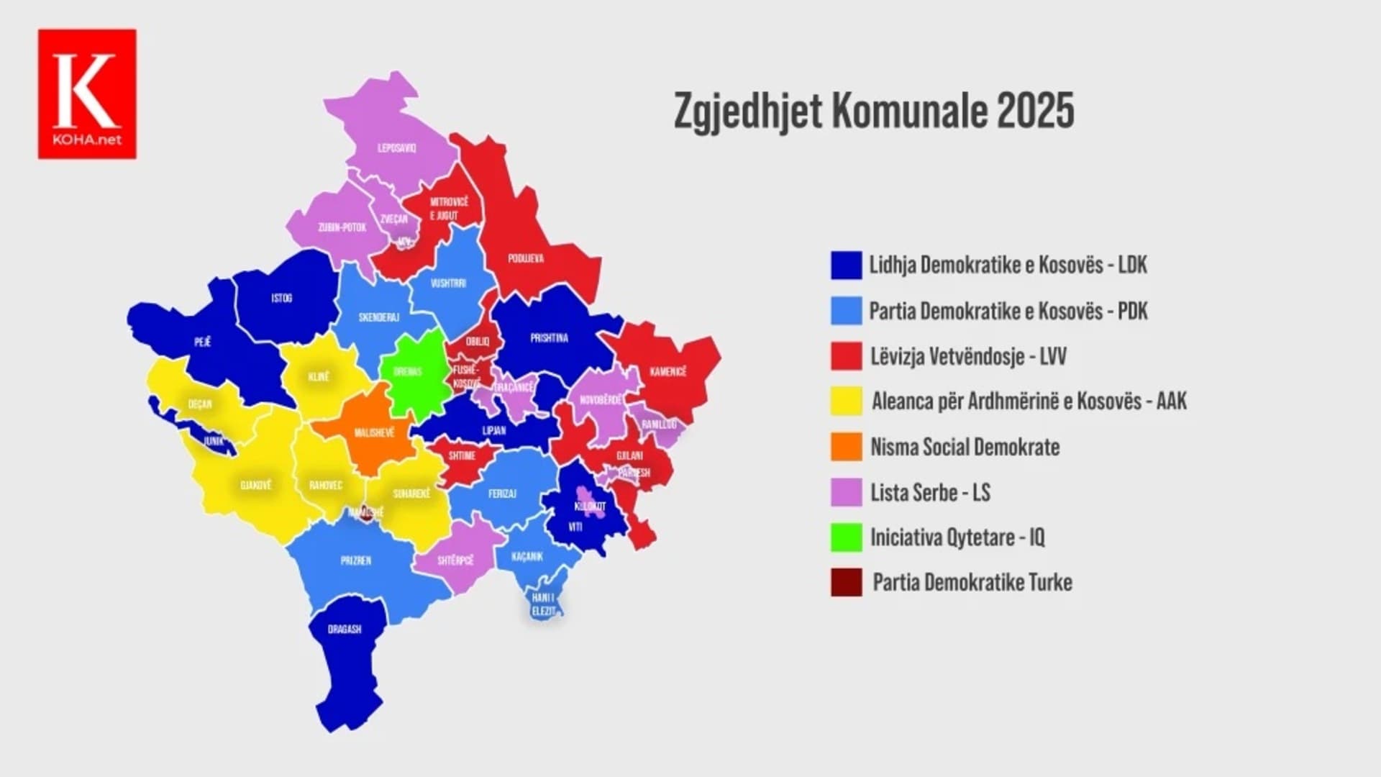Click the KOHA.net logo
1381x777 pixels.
click(87, 94)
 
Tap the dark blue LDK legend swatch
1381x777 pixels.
click(846, 265)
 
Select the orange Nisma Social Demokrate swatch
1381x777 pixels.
click(846, 447)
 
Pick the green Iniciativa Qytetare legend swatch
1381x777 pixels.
click(846, 537)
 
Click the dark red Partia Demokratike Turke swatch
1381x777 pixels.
click(846, 583)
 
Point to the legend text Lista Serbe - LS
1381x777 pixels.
click(930, 493)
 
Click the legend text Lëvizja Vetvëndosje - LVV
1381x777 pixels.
click(968, 356)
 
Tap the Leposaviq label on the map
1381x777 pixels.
click(397, 148)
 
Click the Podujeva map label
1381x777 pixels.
click(526, 258)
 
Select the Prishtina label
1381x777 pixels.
click(549, 338)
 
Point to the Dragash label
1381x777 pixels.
click(345, 630)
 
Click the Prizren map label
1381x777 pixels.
click(356, 560)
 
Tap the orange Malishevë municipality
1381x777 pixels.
click(374, 433)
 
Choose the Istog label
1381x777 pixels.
click(282, 298)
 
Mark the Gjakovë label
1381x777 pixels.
click(255, 486)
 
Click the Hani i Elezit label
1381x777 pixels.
click(543, 604)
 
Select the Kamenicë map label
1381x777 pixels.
click(668, 372)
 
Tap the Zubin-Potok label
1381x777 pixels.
click(342, 227)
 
